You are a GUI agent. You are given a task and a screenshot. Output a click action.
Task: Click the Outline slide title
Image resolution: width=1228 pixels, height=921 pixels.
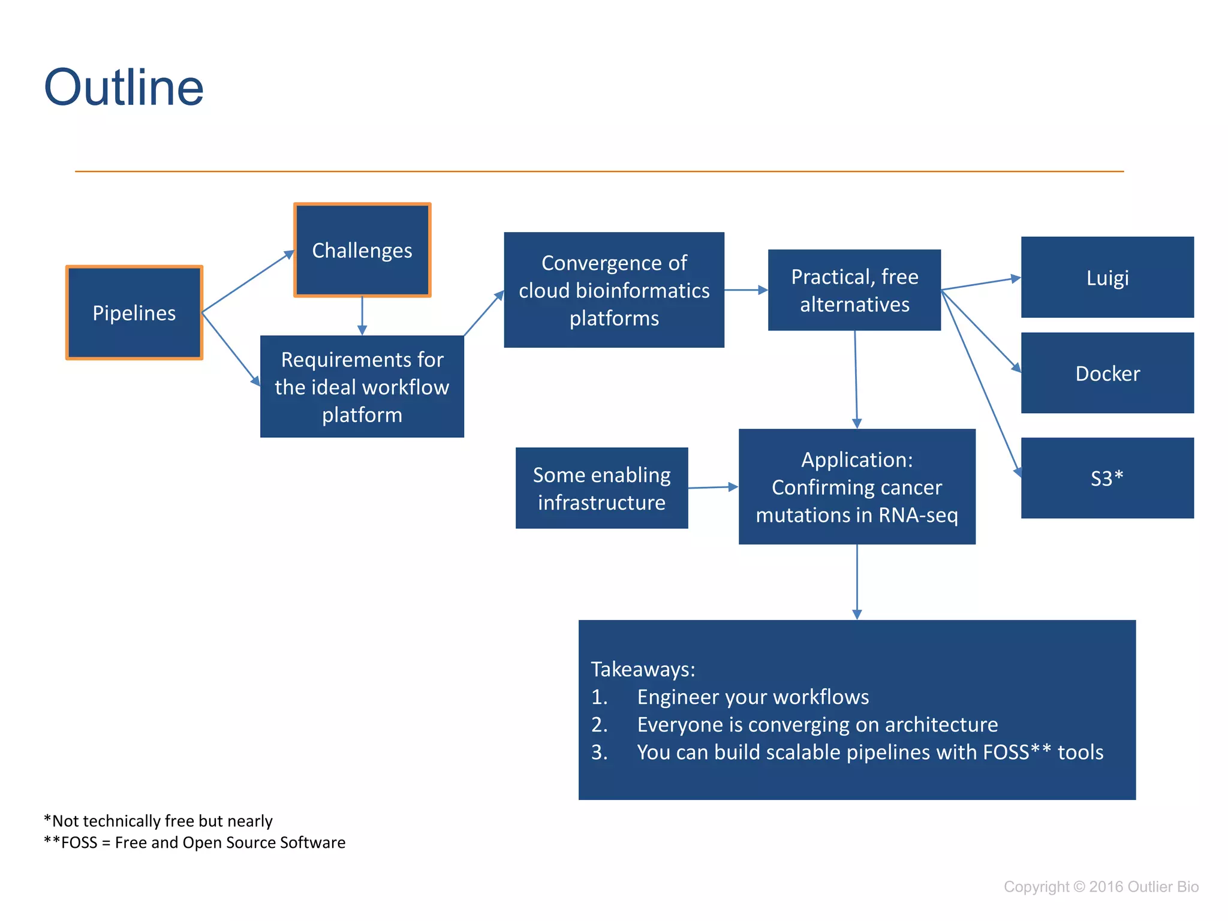pyautogui.click(x=124, y=88)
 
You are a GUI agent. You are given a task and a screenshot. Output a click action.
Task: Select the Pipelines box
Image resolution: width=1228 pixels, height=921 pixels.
pyautogui.click(x=134, y=312)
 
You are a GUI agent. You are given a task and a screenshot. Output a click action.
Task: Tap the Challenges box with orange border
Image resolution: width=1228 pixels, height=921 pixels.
pyautogui.click(x=362, y=250)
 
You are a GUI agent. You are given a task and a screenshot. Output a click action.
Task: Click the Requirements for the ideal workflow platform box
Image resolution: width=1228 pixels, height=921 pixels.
pyautogui.click(x=362, y=387)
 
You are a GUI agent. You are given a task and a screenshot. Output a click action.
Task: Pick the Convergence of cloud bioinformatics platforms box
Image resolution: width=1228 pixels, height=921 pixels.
pyautogui.click(x=614, y=290)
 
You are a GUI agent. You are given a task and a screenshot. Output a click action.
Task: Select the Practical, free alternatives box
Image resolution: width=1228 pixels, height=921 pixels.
pyautogui.click(x=854, y=290)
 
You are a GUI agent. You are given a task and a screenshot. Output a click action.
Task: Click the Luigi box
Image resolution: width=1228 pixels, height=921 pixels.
pyautogui.click(x=1107, y=278)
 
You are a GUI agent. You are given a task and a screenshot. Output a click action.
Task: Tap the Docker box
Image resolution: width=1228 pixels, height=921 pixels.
pyautogui.click(x=1107, y=373)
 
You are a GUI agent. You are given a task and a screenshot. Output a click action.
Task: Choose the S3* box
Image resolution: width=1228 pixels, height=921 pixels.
pyautogui.click(x=1107, y=478)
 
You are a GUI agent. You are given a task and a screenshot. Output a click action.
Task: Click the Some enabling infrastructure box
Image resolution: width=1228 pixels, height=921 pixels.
pyautogui.click(x=601, y=488)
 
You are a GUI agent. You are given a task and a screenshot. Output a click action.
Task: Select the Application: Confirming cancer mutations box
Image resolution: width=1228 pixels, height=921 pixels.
pyautogui.click(x=857, y=487)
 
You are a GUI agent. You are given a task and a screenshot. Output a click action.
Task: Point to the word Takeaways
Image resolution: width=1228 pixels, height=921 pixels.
pyautogui.click(x=643, y=669)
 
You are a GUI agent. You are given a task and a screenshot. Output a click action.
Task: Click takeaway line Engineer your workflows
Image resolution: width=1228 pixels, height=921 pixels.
pyautogui.click(x=753, y=697)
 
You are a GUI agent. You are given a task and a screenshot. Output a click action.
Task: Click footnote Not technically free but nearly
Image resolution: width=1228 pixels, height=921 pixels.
pyautogui.click(x=158, y=821)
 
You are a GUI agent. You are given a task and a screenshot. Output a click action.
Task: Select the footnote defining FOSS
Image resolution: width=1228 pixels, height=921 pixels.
pyautogui.click(x=195, y=842)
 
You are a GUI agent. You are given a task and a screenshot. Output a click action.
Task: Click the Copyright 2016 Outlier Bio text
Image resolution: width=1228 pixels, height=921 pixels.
pyautogui.click(x=1101, y=887)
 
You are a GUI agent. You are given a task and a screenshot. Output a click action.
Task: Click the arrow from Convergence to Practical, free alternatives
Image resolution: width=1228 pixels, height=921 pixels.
pyautogui.click(x=746, y=290)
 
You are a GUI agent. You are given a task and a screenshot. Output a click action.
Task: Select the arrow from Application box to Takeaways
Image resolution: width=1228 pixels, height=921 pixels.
pyautogui.click(x=857, y=582)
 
